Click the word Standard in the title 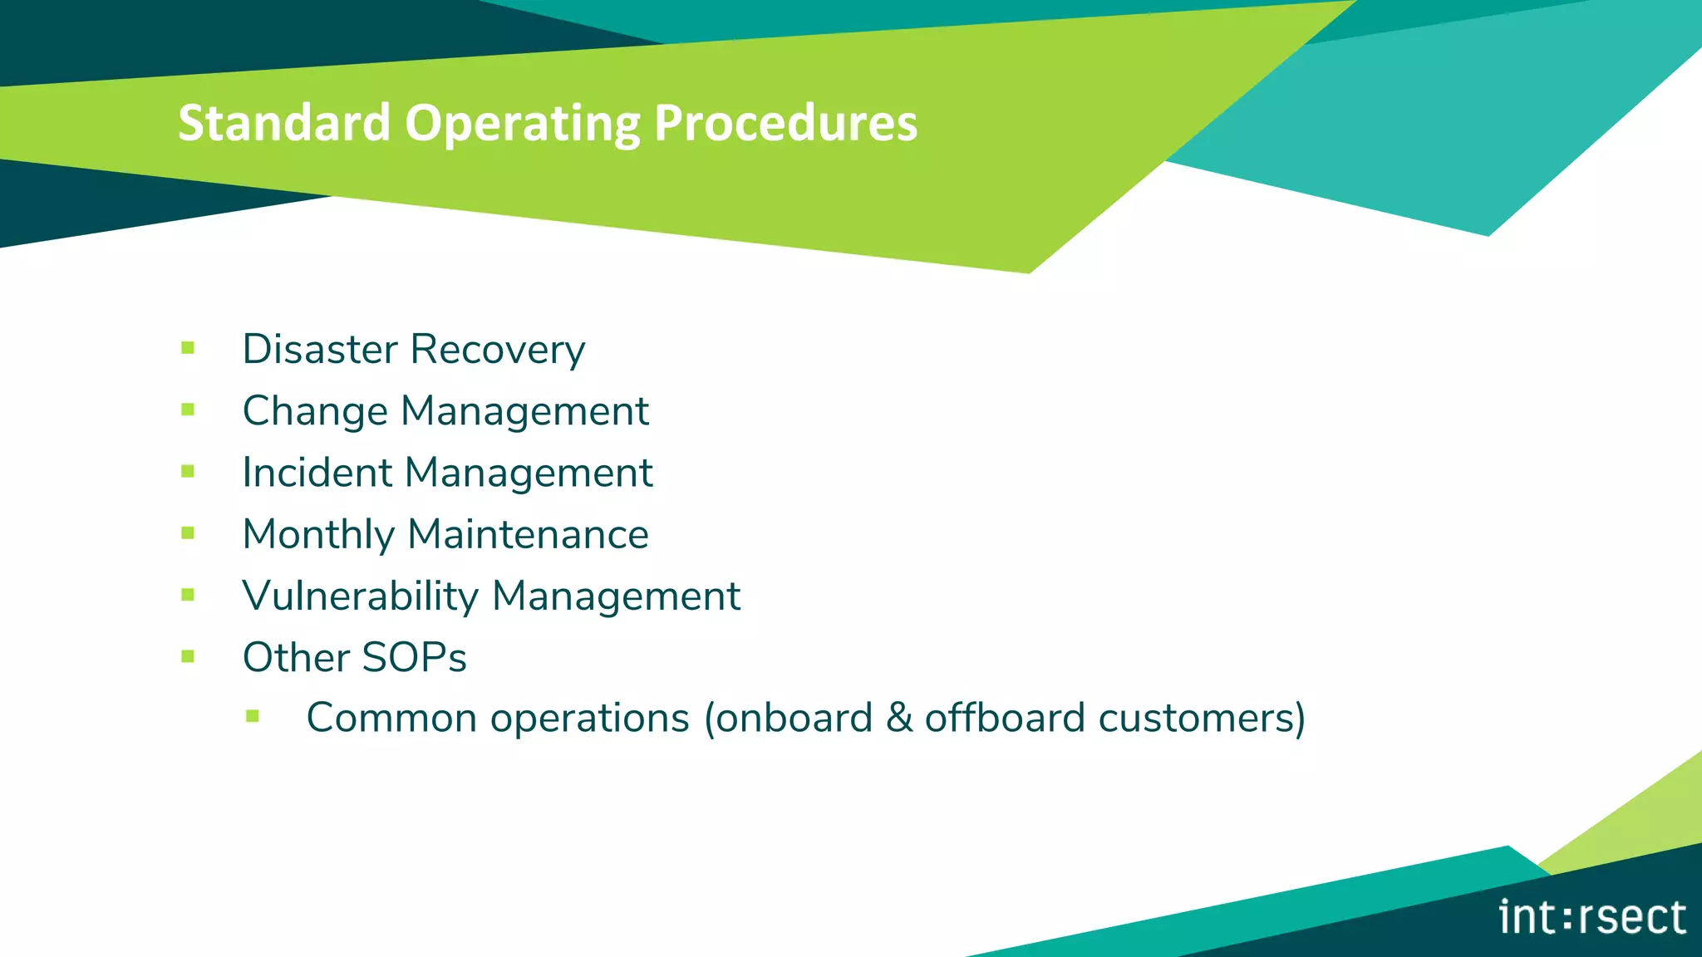[283, 123]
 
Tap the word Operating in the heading [522, 123]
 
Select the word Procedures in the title [785, 123]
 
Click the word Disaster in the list [320, 349]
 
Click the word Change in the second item [315, 410]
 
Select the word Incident [317, 472]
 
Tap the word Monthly [318, 534]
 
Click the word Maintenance [528, 534]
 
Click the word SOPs [414, 657]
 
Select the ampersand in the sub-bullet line [898, 718]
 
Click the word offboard [1005, 718]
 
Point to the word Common [391, 718]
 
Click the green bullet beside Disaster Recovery [188, 348]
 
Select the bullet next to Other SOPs [188, 656]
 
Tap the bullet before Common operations [253, 716]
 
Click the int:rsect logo [1591, 918]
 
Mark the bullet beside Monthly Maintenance [188, 533]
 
